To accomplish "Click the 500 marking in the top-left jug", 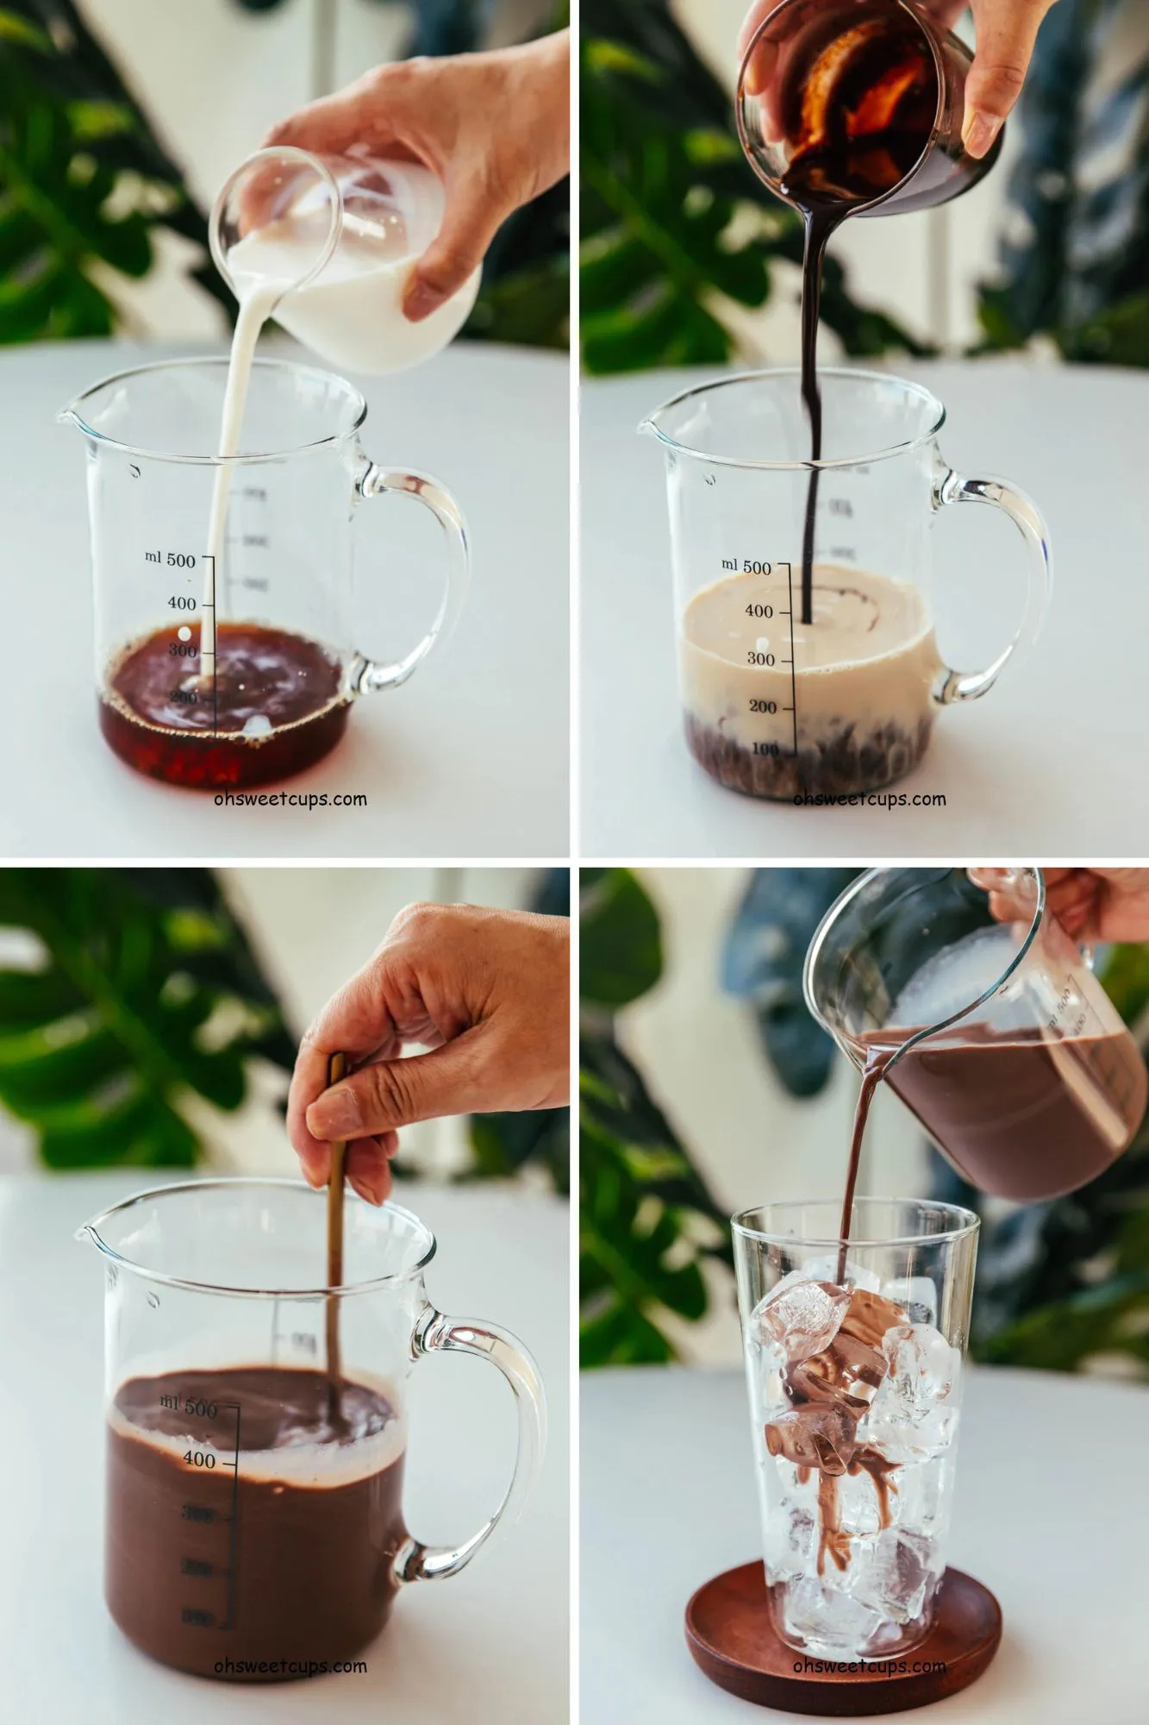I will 181,560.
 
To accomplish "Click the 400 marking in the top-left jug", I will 181,603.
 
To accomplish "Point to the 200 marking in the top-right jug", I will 762,707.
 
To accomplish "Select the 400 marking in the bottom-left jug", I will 199,1459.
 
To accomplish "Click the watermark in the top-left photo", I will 290,799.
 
